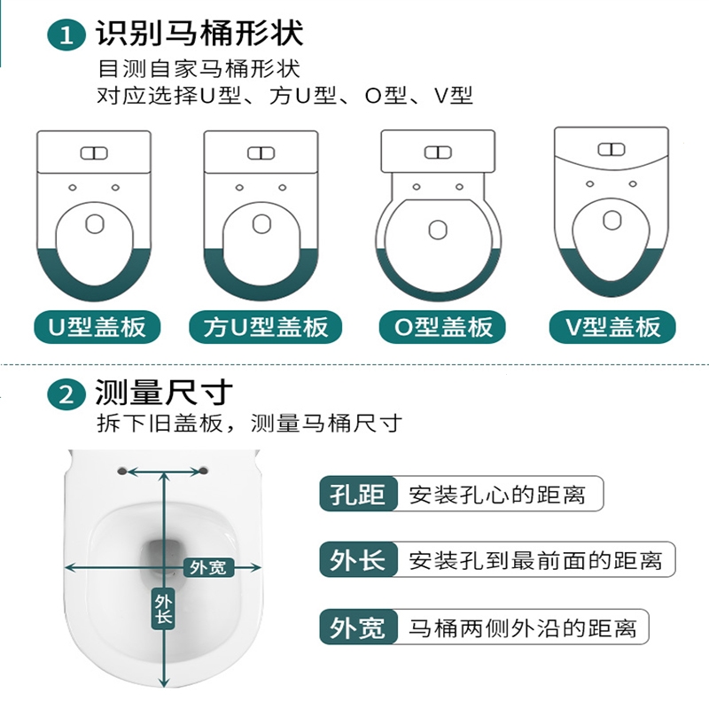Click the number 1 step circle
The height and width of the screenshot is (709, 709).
(66, 35)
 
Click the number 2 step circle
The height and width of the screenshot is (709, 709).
(66, 394)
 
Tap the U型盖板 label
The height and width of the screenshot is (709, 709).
(97, 327)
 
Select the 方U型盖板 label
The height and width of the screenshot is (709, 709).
(265, 327)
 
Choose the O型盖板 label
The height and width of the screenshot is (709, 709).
(442, 327)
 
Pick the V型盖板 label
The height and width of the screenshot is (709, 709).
(612, 327)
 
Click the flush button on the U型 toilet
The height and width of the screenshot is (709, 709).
(94, 153)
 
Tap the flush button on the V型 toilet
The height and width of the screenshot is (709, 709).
(612, 149)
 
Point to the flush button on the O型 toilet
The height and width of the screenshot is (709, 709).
(438, 152)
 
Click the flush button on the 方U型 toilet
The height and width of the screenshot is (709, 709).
(261, 153)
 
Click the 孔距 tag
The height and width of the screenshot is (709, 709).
(359, 494)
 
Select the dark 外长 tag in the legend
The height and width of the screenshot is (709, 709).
(359, 560)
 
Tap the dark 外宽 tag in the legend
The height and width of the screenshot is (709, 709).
(359, 627)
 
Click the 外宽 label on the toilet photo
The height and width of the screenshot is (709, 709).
(208, 567)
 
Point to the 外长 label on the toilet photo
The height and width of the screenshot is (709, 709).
(163, 609)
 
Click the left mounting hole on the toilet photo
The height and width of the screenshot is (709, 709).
(121, 471)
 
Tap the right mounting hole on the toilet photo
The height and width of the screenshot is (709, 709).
(204, 471)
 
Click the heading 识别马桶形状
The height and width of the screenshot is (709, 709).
(199, 33)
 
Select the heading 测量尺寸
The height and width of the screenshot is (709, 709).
(164, 392)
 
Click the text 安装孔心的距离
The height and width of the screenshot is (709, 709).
(497, 495)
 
